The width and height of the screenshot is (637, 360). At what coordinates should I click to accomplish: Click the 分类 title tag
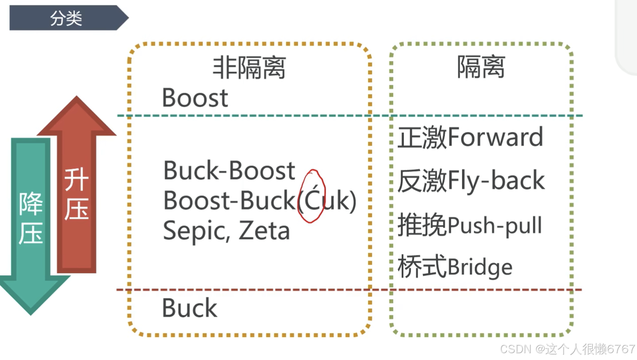[66, 18]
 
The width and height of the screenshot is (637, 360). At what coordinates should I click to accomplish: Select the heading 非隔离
[249, 68]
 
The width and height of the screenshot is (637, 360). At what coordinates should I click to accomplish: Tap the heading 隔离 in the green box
[481, 67]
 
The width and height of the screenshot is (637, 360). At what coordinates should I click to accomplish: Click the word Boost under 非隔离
[195, 98]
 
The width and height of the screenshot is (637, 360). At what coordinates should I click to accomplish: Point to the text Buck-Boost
[229, 171]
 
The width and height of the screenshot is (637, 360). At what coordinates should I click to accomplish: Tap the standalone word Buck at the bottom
[189, 308]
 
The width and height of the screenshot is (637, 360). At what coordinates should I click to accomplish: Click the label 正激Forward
[470, 137]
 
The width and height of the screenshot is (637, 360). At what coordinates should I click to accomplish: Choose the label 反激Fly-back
[471, 180]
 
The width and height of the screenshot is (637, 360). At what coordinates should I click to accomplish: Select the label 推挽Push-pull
[470, 225]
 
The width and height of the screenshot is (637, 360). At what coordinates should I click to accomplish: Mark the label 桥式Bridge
[455, 267]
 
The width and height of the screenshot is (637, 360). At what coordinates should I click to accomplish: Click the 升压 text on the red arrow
[77, 194]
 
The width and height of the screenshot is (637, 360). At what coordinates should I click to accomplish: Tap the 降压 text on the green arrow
[31, 218]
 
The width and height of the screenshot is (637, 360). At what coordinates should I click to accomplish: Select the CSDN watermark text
[567, 349]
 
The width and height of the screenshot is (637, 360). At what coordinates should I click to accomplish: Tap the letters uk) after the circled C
[340, 201]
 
